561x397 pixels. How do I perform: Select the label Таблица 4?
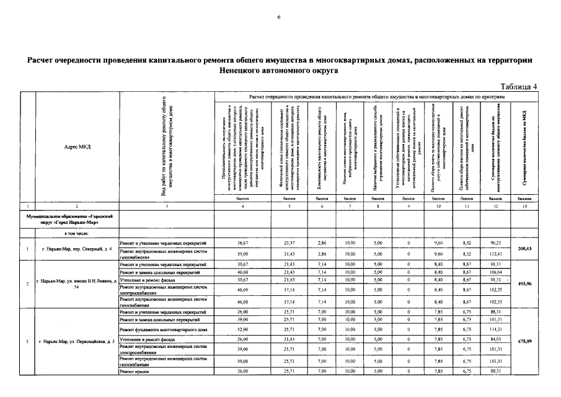519,86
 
